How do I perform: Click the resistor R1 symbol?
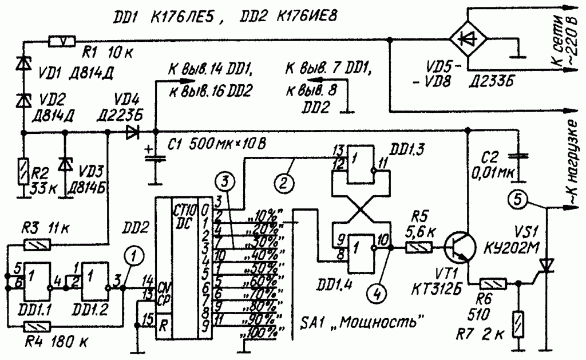62,41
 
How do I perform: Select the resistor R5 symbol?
419,248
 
